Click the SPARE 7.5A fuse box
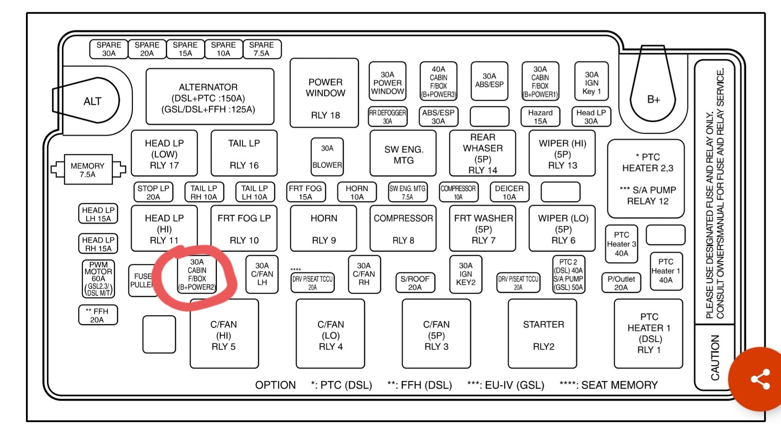click(261, 49)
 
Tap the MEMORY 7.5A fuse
click(88, 169)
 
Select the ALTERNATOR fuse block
click(209, 97)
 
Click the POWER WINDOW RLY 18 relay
click(325, 93)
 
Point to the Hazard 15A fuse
click(540, 117)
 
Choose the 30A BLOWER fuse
click(327, 157)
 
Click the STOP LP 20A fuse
click(153, 192)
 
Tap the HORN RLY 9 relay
click(324, 228)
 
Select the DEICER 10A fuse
click(509, 192)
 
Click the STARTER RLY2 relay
click(543, 334)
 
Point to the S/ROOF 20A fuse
click(414, 283)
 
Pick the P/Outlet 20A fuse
click(621, 283)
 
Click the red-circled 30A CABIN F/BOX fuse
click(197, 275)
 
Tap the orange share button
click(759, 379)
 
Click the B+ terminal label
click(653, 99)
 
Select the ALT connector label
click(92, 101)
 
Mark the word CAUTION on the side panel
click(715, 357)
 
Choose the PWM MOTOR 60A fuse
click(99, 278)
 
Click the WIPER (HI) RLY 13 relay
click(562, 154)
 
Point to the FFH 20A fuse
click(98, 315)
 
